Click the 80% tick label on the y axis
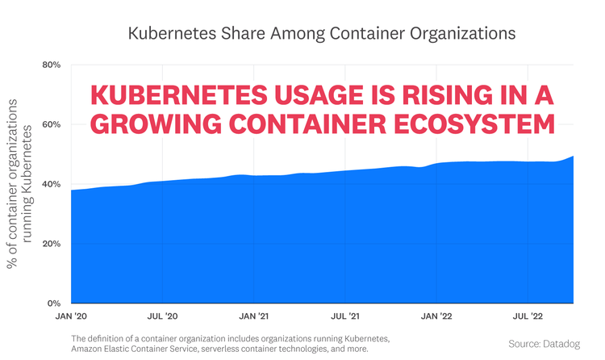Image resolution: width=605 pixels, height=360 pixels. click(50, 65)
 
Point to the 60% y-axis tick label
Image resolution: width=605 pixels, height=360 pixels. click(50, 124)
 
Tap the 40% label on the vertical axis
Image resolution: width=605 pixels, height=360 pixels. click(50, 184)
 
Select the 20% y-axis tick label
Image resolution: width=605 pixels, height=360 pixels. click(50, 244)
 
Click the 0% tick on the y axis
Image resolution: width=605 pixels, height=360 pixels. click(53, 303)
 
